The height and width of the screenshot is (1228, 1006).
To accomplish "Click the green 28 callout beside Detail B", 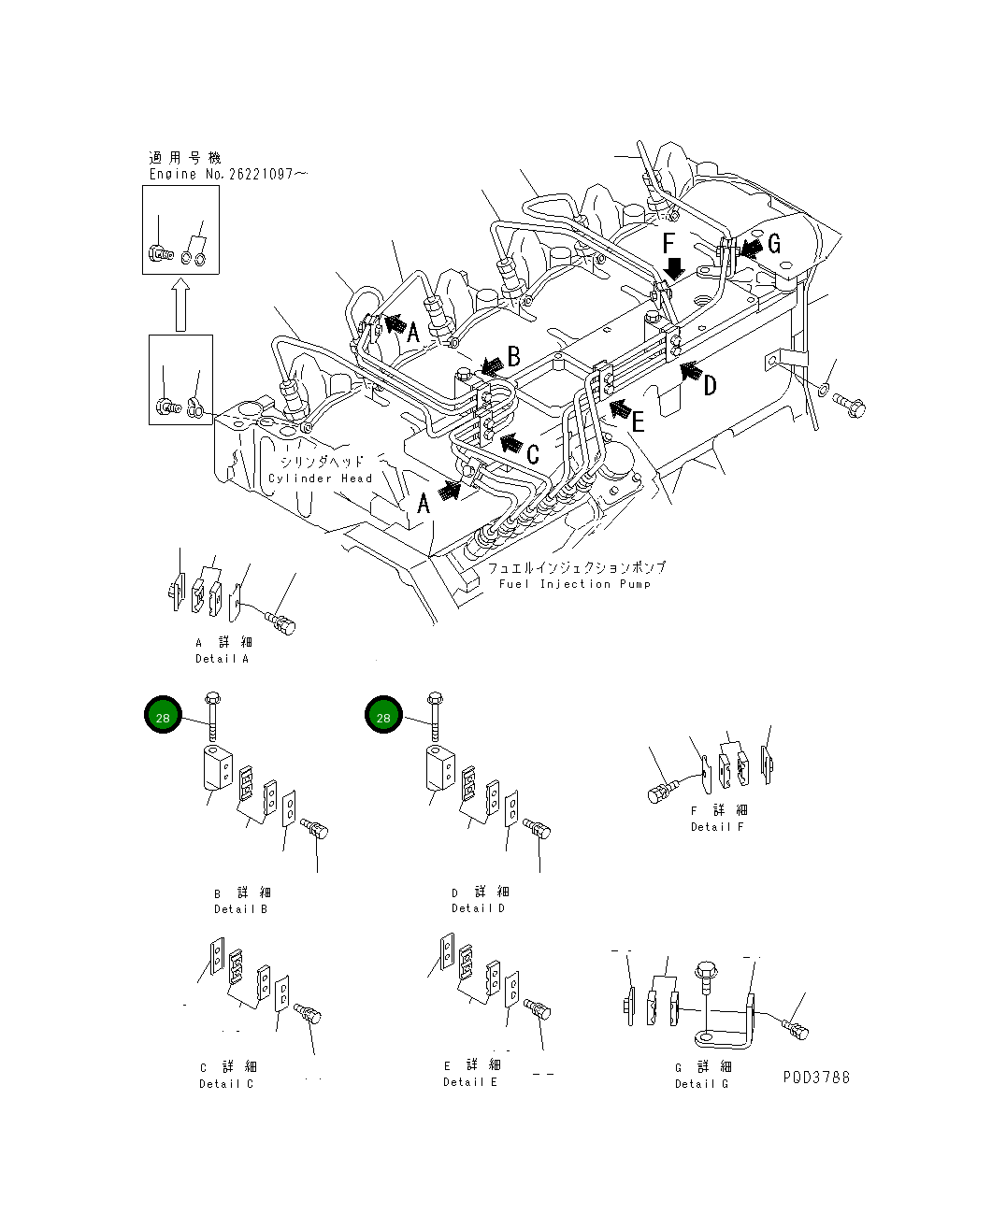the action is (x=163, y=714).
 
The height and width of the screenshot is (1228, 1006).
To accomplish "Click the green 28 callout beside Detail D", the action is (x=383, y=714).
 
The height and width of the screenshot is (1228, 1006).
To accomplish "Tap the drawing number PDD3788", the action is (x=816, y=1077).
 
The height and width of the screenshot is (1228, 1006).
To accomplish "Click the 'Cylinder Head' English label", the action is (x=320, y=478).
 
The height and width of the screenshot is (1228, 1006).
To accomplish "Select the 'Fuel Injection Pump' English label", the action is (x=574, y=583).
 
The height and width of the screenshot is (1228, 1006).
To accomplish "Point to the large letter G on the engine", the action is (x=773, y=244).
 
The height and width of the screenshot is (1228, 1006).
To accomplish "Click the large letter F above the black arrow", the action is (x=668, y=243).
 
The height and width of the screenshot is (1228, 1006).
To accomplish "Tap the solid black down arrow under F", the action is (x=674, y=268).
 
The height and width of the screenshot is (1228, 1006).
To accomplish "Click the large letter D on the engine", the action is (x=710, y=385).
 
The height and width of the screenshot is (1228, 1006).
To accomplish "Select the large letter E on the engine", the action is (x=639, y=421).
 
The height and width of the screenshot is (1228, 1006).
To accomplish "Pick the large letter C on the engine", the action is (x=532, y=453).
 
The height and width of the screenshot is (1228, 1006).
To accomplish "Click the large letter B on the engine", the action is (x=513, y=356).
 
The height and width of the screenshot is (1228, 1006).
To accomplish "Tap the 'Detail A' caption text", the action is (x=222, y=659).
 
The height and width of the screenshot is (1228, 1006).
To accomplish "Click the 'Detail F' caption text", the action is (x=717, y=827).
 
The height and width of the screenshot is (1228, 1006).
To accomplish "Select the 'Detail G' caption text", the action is (x=701, y=1083).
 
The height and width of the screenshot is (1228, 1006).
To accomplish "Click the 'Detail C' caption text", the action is (x=226, y=1083).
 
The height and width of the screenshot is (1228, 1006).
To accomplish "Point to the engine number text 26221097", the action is (x=261, y=174).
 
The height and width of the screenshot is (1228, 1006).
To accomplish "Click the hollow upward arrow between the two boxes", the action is (x=181, y=305).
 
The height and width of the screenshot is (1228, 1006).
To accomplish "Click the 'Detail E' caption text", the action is (x=470, y=1082).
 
